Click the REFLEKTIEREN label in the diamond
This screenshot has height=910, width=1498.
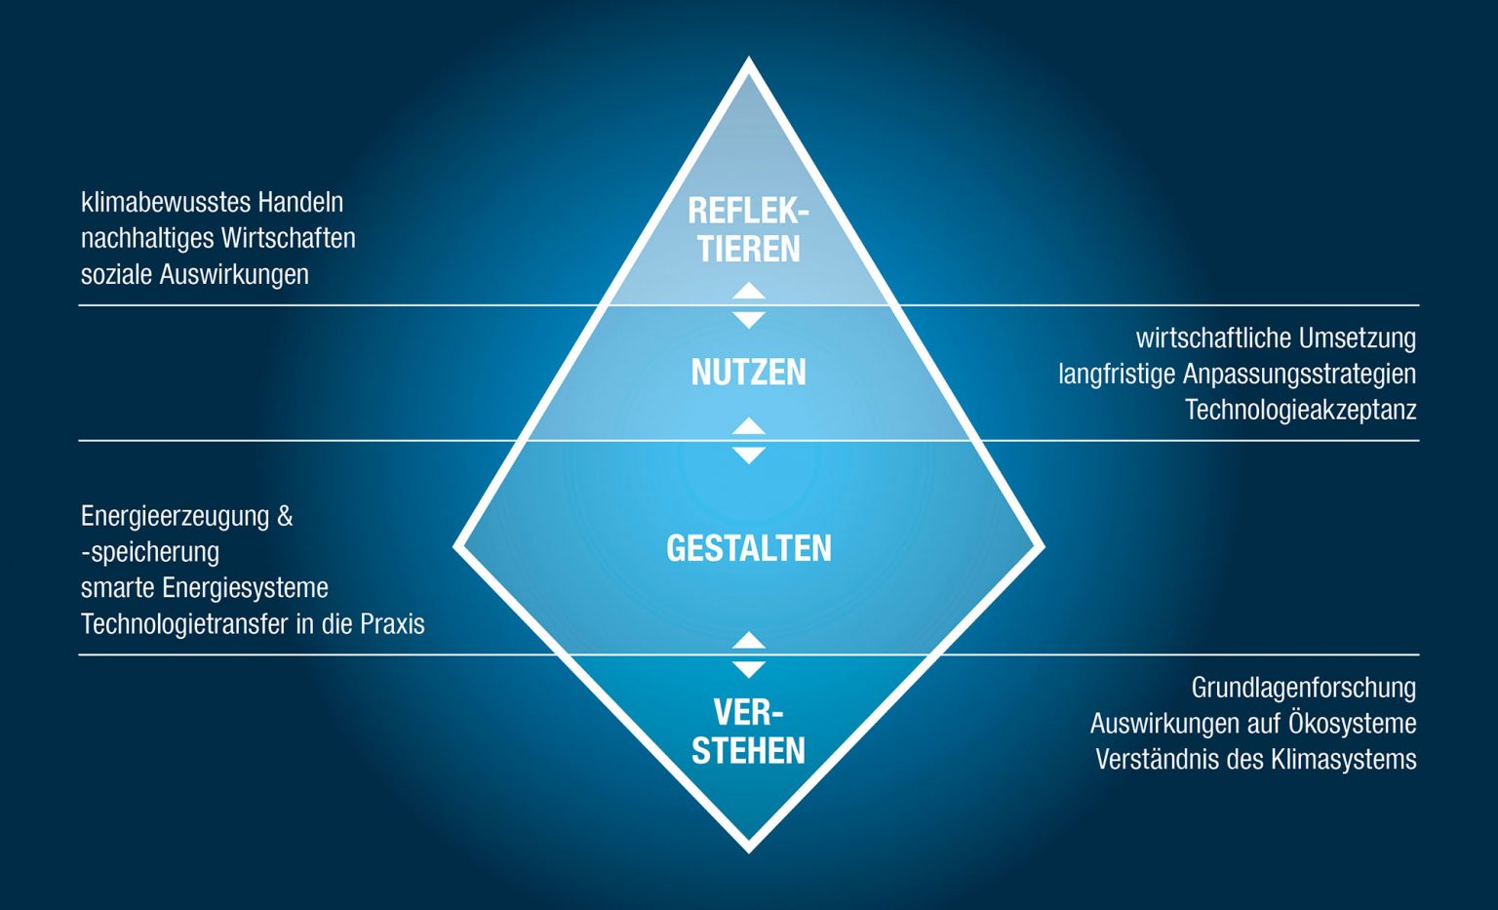pyautogui.click(x=748, y=229)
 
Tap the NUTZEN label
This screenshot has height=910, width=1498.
pyautogui.click(x=748, y=372)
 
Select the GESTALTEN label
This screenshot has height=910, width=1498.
pyautogui.click(x=748, y=548)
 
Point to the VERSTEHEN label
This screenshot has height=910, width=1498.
pyautogui.click(x=748, y=732)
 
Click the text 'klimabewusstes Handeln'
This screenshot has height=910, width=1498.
pyautogui.click(x=212, y=202)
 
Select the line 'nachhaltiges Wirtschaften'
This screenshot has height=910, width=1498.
pyautogui.click(x=217, y=238)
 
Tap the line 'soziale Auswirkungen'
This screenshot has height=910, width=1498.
pyautogui.click(x=194, y=274)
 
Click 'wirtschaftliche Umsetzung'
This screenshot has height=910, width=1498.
pyautogui.click(x=1276, y=337)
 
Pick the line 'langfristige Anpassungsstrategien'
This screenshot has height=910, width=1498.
pyautogui.click(x=1237, y=374)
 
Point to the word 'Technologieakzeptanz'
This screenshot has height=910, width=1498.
pyautogui.click(x=1300, y=410)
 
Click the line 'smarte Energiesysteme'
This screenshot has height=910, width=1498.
pyautogui.click(x=204, y=587)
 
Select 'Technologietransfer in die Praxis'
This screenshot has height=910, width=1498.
pyautogui.click(x=253, y=623)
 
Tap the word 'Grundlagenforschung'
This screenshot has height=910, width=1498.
pyautogui.click(x=1303, y=687)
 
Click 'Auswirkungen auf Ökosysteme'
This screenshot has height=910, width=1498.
pyautogui.click(x=1252, y=723)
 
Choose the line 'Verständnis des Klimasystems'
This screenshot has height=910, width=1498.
pyautogui.click(x=1255, y=759)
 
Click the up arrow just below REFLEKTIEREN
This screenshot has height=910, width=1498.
pyautogui.click(x=748, y=291)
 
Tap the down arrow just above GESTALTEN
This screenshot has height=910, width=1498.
pyautogui.click(x=748, y=455)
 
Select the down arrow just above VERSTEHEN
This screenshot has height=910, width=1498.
pyautogui.click(x=748, y=669)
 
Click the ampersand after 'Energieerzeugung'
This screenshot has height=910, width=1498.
pyautogui.click(x=285, y=516)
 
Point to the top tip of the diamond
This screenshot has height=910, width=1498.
pyautogui.click(x=748, y=61)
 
